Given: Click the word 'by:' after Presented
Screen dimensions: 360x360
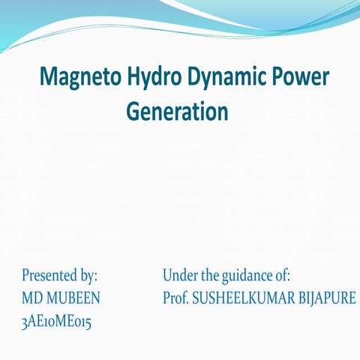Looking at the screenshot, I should tap(88, 275).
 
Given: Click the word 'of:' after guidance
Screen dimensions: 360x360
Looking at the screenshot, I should tap(282, 275).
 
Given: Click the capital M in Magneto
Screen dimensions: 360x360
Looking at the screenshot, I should tap(48, 78).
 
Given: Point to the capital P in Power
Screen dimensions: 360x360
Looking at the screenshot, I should tap(277, 78).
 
